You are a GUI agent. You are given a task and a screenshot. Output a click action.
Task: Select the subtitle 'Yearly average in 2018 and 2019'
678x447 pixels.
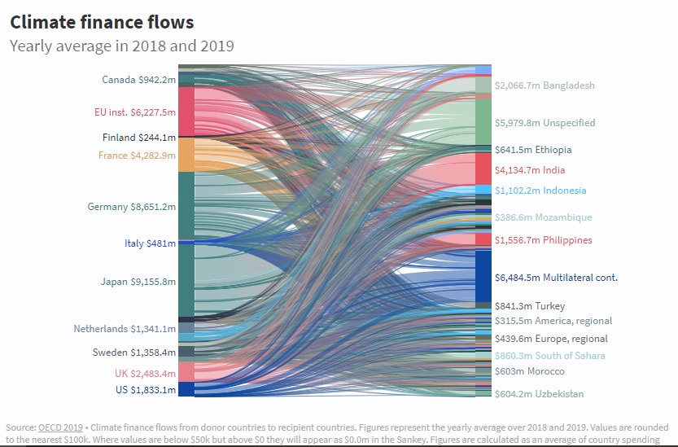121,46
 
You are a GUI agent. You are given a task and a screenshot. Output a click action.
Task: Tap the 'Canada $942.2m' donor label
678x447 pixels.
138,80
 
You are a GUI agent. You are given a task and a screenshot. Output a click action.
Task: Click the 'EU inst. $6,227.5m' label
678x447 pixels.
135,112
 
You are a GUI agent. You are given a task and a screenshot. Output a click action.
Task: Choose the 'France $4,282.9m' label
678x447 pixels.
137,156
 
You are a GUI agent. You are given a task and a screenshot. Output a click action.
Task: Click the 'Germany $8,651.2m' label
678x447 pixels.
131,207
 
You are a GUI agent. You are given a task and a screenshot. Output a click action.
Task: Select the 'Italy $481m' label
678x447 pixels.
150,243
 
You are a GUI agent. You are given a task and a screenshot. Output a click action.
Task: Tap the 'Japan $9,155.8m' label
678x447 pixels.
138,282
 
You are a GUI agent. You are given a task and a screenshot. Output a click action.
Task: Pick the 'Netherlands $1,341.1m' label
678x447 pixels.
125,329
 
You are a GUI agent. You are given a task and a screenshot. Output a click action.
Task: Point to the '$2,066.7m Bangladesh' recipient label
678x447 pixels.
545,85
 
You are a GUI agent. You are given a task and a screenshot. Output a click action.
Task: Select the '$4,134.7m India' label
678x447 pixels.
529,170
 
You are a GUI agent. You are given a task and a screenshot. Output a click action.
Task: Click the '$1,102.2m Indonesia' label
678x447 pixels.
540,191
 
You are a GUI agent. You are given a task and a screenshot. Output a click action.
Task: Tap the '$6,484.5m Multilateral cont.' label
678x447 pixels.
556,278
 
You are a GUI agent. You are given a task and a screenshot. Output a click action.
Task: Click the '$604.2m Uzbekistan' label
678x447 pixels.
539,394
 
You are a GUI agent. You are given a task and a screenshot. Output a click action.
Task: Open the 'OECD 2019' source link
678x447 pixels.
60,427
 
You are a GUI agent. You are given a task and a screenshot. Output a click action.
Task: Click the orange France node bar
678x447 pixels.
186,155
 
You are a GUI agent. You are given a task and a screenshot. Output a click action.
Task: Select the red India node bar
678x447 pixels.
483,169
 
